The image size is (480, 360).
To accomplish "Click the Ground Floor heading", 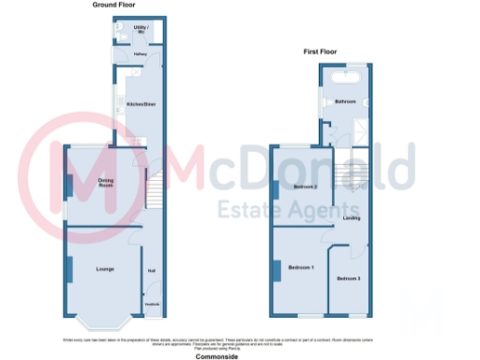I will click(111, 6).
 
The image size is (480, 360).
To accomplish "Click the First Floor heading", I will click(320, 52).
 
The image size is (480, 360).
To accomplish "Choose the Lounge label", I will click(105, 270).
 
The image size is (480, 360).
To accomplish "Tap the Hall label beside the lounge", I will click(151, 272).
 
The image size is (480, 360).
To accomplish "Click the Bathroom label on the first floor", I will click(346, 100).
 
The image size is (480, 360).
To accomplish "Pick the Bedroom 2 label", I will click(306, 187).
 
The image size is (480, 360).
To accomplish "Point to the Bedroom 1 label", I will click(301, 269).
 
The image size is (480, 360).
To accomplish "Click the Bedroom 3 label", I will click(349, 278).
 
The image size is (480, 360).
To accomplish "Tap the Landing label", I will click(352, 218).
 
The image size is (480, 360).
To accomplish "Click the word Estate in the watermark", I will click(247, 208).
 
